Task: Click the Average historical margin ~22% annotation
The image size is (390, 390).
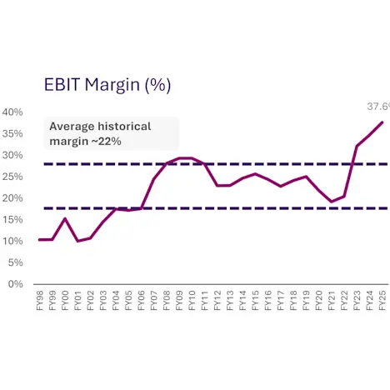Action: (100, 133)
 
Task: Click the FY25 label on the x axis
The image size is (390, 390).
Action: (382, 301)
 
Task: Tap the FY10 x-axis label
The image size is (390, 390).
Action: (192, 301)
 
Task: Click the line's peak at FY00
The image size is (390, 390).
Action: (66, 218)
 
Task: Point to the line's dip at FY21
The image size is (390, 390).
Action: (332, 202)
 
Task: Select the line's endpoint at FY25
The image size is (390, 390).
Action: (382, 122)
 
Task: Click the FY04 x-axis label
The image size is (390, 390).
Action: (117, 301)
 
